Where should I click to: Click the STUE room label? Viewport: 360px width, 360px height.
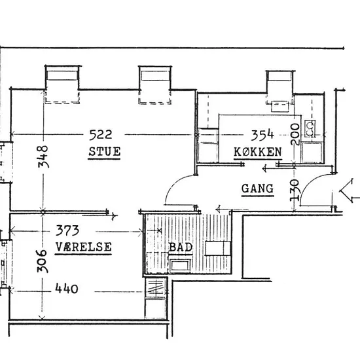[x=105, y=152]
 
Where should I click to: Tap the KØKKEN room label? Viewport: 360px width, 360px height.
[x=258, y=152]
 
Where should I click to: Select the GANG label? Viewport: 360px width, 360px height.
[x=258, y=189]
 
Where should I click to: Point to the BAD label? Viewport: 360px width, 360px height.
[x=181, y=247]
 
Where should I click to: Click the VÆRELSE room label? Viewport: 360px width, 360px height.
[x=84, y=247]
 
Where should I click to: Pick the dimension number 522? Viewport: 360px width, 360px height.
[x=101, y=135]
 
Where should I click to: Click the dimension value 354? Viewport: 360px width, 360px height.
[x=262, y=135]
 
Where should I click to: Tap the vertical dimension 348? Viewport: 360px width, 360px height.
[x=43, y=156]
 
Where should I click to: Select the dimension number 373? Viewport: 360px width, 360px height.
[x=67, y=230]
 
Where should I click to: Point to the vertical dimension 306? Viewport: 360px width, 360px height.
[x=43, y=261]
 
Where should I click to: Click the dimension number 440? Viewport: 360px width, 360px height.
[x=67, y=289]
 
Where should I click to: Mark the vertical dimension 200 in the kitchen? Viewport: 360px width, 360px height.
[x=295, y=134]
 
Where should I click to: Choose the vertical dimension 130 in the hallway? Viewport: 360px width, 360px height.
[x=295, y=190]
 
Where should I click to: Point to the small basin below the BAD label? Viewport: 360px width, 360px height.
[x=180, y=265]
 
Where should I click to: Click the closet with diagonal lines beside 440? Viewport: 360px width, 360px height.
[x=155, y=287]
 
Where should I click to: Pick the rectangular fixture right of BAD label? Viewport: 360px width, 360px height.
[x=218, y=248]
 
